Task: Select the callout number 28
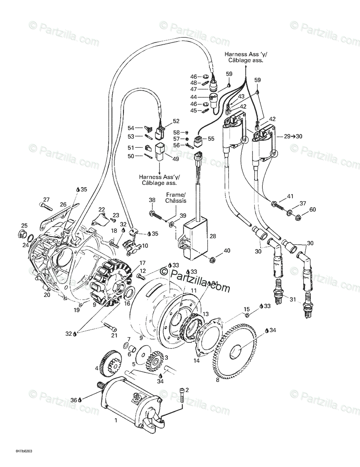pos(213,236)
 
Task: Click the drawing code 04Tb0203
pos(24,451)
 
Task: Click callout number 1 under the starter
pos(116,420)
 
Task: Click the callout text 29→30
pos(293,136)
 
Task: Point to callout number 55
pos(211,139)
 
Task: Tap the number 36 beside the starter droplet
pos(73,400)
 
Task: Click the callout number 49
pos(175,159)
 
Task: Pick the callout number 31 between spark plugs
pos(293,300)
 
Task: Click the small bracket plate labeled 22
pos(99,217)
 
